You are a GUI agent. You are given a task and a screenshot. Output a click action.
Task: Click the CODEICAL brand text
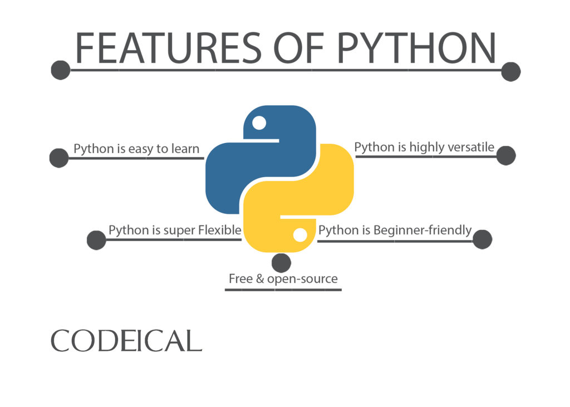point(126,341)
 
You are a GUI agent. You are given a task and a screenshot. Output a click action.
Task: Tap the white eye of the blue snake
point(259,122)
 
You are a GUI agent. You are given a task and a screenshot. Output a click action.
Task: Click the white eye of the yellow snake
point(300,235)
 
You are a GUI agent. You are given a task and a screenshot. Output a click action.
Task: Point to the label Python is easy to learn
point(136,149)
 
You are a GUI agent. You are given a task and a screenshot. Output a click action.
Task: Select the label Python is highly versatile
point(424,147)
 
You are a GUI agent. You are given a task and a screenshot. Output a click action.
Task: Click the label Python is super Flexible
point(175,230)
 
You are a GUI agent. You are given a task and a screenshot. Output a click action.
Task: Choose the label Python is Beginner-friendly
point(395,230)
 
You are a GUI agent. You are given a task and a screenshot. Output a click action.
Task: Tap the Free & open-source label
point(283,278)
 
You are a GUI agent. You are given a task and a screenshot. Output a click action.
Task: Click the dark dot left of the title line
point(60,70)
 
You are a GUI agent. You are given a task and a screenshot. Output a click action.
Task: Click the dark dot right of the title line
point(510,71)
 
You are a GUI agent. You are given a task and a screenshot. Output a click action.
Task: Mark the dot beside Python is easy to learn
point(59,158)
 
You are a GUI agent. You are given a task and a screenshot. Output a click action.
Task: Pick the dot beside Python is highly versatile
point(505,156)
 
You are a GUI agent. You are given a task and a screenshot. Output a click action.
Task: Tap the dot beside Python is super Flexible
point(96,240)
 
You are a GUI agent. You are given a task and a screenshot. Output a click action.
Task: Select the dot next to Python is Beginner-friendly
point(482,239)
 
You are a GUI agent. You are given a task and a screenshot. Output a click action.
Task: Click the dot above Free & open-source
point(281,263)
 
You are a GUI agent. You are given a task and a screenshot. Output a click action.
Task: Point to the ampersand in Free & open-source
point(259,278)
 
